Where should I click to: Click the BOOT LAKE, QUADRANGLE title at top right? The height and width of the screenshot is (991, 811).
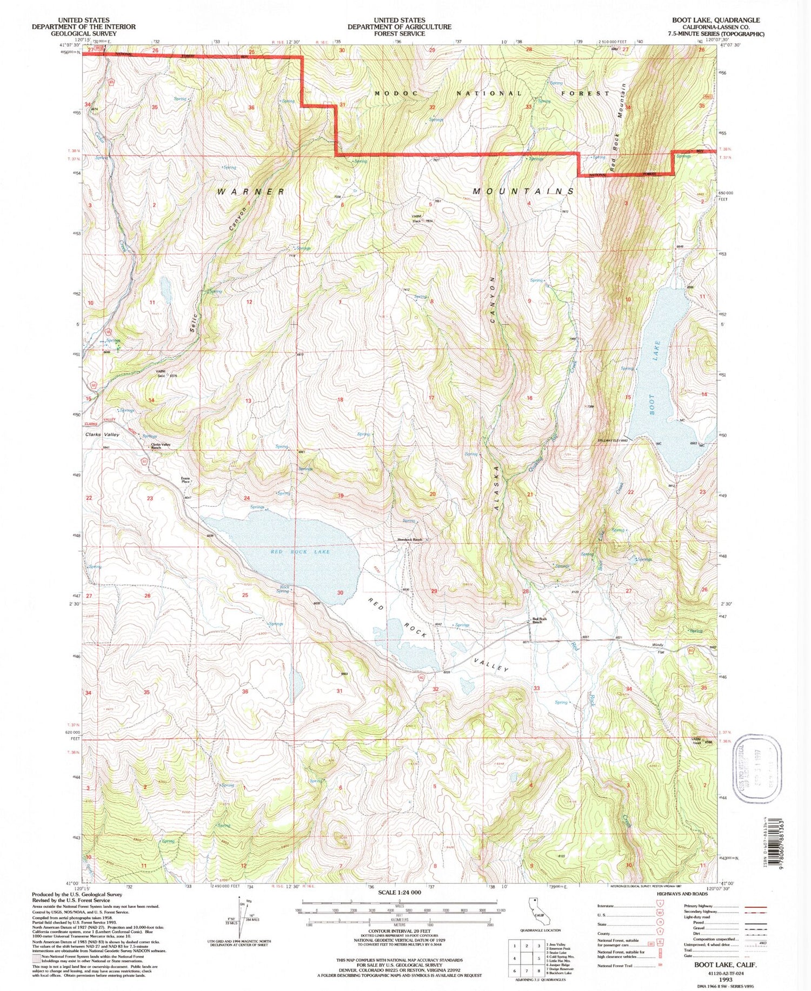[715, 20]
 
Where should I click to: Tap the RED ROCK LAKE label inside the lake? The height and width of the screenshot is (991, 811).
[300, 552]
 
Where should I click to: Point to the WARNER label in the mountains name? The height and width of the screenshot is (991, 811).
[251, 192]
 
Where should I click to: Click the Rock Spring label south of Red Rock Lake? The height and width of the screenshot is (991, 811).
[283, 589]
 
